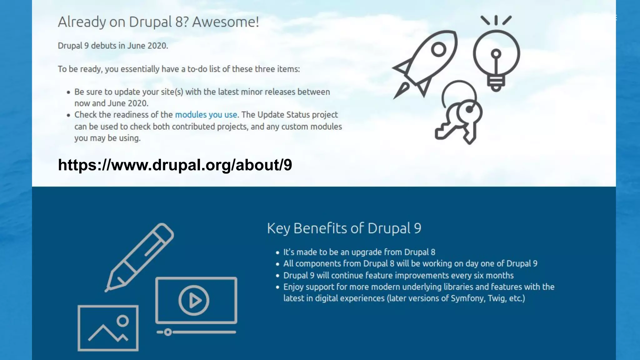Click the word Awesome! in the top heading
pos(225,22)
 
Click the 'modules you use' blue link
pos(206,115)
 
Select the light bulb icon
pos(496,56)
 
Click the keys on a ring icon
pos(459,116)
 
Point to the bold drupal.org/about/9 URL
pos(175,165)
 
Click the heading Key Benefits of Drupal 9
pos(344,228)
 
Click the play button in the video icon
pos(194,300)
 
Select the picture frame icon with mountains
pos(108,328)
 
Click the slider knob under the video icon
pos(168,332)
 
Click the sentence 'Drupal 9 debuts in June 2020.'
pos(113,46)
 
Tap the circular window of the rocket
pos(438,50)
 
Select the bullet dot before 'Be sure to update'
pos(68,92)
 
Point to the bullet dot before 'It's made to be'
pos(277,252)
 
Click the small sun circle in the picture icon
pos(122,321)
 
